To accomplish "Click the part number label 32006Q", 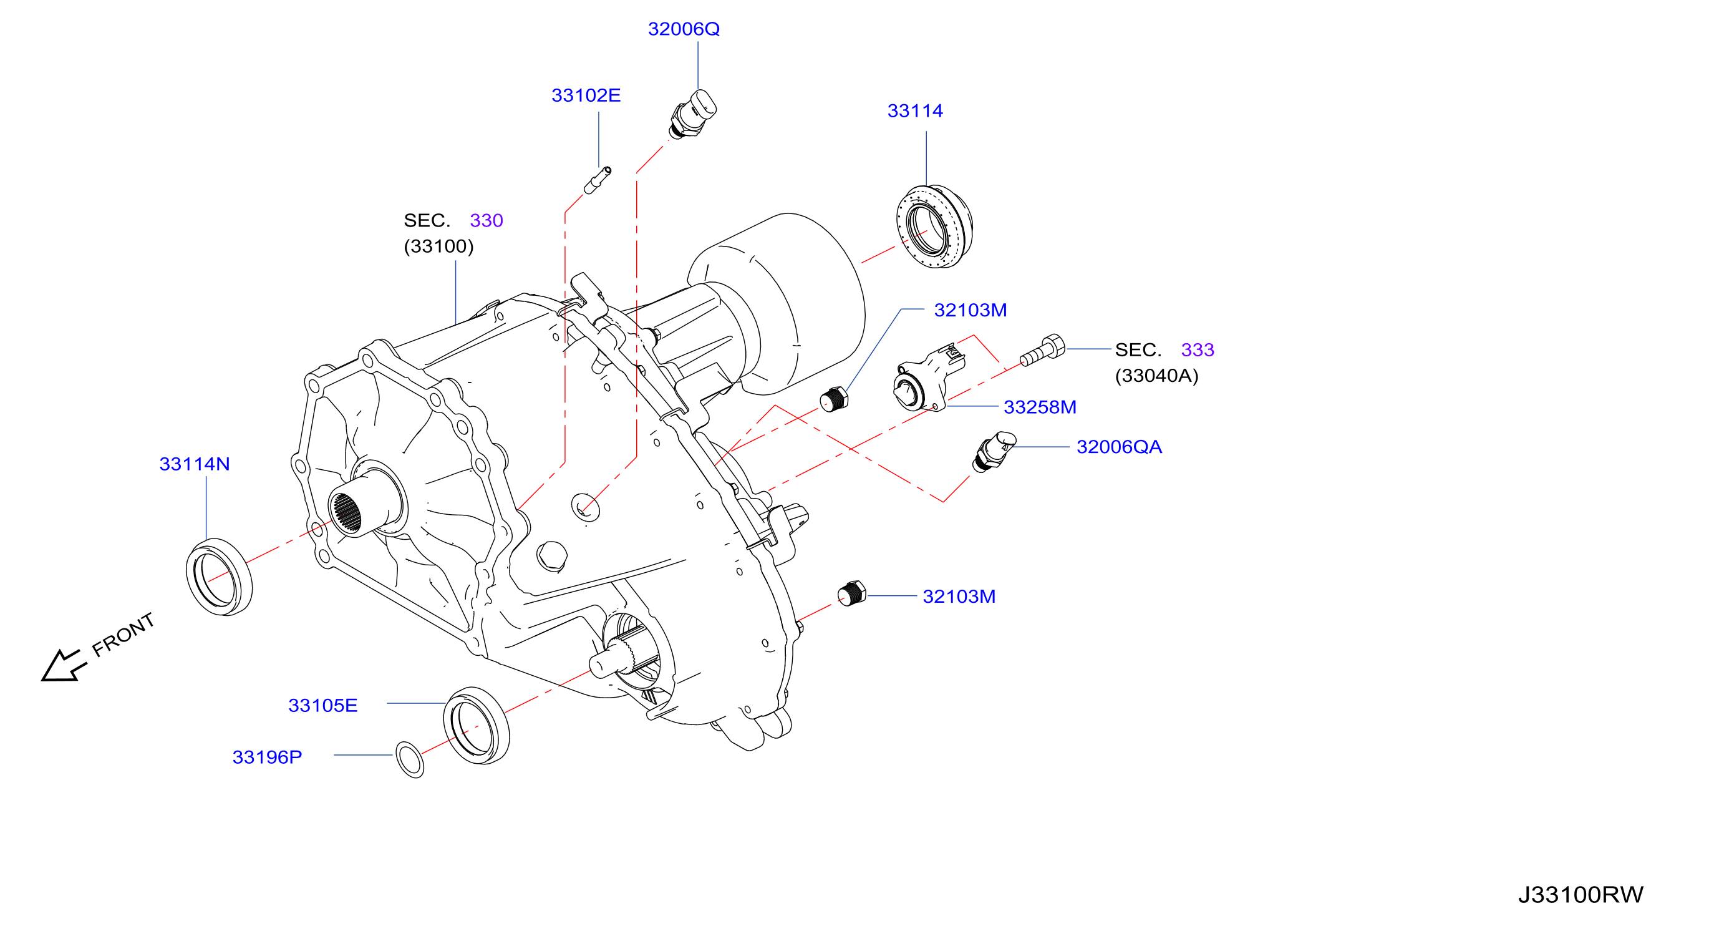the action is coord(684,29).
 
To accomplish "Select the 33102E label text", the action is coord(586,95).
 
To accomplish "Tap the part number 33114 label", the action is coord(915,111).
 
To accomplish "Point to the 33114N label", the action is coord(195,464).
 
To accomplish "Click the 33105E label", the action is coord(322,706).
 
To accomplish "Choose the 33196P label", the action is coord(267,758).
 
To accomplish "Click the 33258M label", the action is coord(1040,407).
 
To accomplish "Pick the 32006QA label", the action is coord(1118,447).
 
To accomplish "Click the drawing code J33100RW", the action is coord(1581,895).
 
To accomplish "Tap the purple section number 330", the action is coord(487,220).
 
